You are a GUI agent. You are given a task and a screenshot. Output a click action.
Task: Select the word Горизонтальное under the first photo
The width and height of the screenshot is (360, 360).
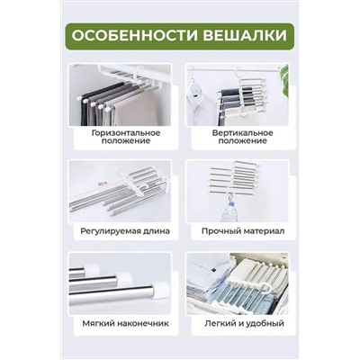click(125, 131)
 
